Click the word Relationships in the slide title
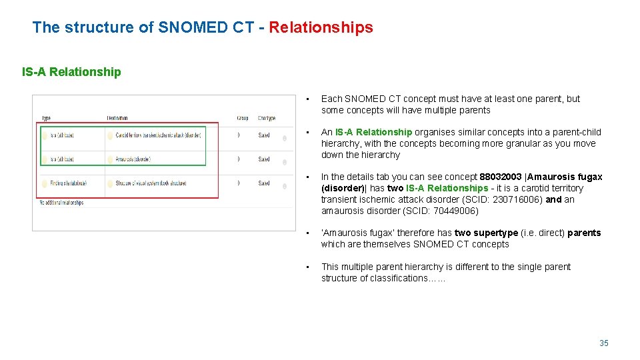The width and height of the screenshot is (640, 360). pos(321,27)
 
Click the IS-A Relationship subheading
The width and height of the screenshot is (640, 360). pos(71,72)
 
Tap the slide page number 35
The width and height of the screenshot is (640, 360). pos(603,343)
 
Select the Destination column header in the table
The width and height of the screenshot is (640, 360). pos(117,118)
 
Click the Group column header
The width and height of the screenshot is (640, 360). pos(242,118)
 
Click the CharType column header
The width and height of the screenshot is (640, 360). pos(266,118)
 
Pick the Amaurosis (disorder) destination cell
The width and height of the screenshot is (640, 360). pos(133,159)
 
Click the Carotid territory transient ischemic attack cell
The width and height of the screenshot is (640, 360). pos(158,135)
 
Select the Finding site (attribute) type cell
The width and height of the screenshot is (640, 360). pos(63,183)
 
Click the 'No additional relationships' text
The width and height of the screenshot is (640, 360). pos(61,202)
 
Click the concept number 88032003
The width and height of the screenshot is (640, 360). pos(501,177)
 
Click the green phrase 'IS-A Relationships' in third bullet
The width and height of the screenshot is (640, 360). pos(447,188)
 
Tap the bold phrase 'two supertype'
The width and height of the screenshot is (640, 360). pos(486,233)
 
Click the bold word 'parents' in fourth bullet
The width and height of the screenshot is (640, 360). pos(584,233)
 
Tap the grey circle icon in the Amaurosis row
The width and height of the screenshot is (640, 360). pos(285,161)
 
